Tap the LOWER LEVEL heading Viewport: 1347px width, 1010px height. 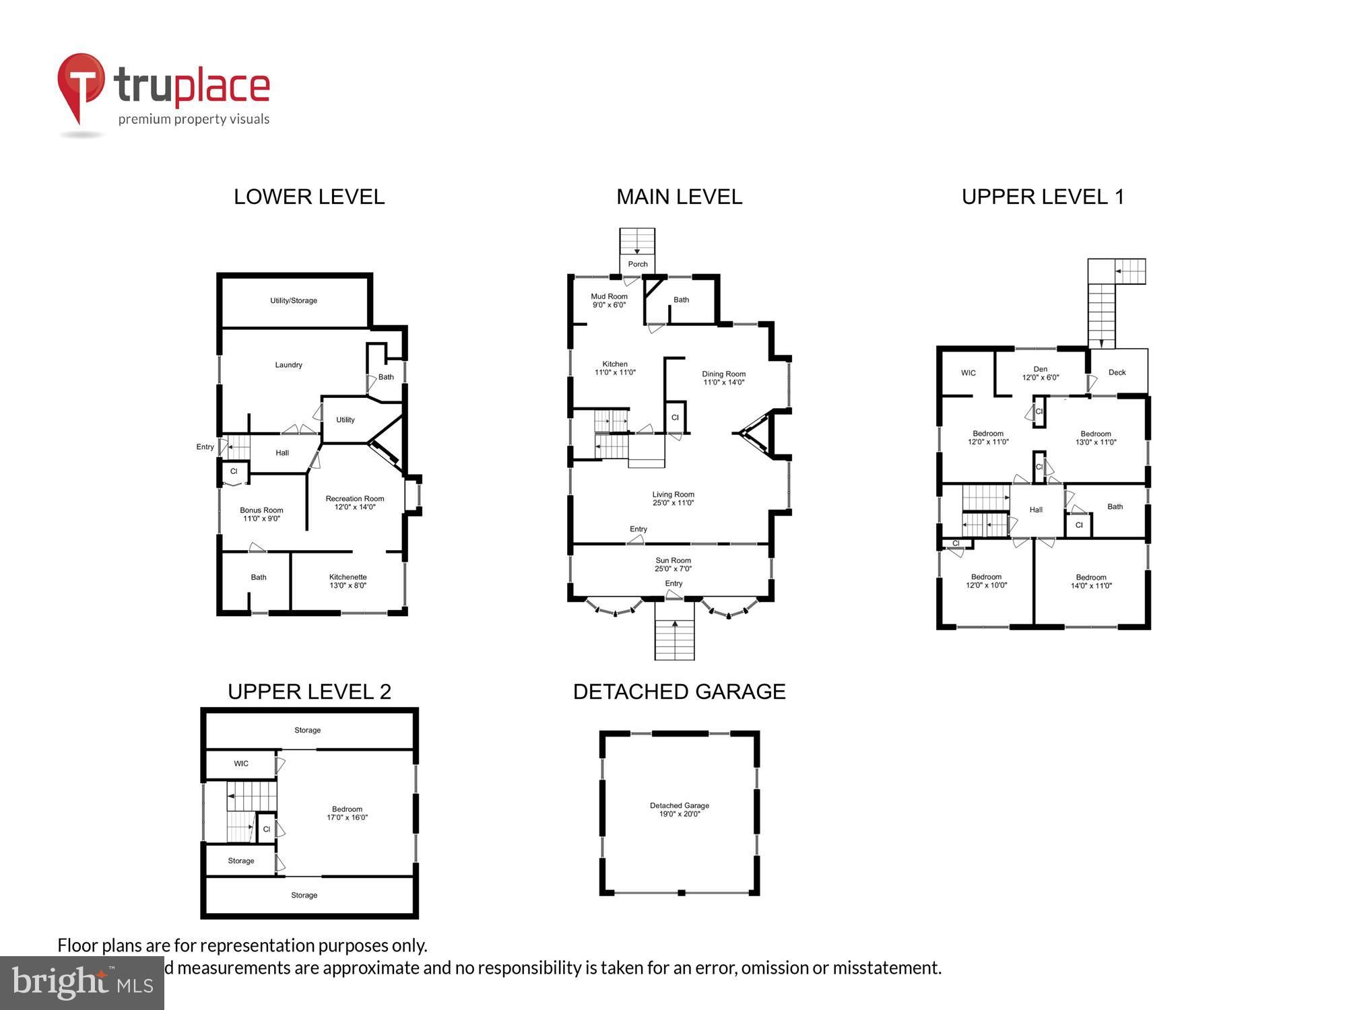point(309,197)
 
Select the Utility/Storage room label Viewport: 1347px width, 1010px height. point(294,300)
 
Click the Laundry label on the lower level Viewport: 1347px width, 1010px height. point(288,365)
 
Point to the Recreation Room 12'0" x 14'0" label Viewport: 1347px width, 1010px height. point(354,503)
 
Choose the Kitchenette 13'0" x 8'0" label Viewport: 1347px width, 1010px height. point(348,581)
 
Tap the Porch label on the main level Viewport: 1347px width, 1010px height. point(637,264)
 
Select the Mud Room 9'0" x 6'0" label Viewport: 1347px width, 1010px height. point(609,300)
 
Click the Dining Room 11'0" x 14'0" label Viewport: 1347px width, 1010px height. point(723,378)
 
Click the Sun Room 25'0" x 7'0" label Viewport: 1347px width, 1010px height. point(673,564)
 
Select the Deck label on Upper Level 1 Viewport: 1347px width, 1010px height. point(1117,372)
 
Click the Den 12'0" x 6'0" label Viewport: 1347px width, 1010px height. point(1040,373)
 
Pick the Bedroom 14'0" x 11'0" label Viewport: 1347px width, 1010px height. point(1090,582)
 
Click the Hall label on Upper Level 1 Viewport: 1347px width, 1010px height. point(1036,510)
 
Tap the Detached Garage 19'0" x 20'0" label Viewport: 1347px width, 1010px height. point(679,809)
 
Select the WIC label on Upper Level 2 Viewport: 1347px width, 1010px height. point(241,764)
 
